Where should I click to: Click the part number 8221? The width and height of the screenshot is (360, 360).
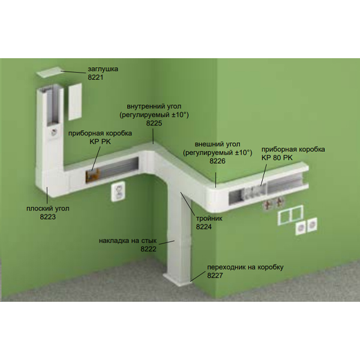[x=95, y=77]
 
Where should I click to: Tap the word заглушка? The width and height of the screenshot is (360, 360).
[x=103, y=69]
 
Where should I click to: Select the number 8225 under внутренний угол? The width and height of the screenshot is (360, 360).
[x=154, y=123]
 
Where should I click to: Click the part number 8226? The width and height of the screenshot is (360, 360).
[x=217, y=161]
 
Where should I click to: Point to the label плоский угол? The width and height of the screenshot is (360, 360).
[x=48, y=208]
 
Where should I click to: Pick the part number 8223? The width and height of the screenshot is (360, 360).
[x=48, y=217]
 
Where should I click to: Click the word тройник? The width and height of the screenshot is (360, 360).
[x=209, y=218]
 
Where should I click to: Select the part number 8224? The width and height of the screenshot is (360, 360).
[x=203, y=227]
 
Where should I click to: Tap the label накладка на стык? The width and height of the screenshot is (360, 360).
[x=128, y=241]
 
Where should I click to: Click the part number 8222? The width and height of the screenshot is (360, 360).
[x=148, y=249]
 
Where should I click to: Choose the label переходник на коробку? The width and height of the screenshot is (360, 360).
[x=245, y=267]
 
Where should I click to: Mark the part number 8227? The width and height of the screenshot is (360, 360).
[x=215, y=275]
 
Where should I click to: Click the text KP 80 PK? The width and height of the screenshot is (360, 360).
[x=277, y=158]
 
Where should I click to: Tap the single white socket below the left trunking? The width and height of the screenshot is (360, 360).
[x=118, y=191]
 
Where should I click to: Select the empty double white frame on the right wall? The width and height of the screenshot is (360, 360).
[x=290, y=215]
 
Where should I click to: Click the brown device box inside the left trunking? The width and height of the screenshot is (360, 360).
[x=92, y=175]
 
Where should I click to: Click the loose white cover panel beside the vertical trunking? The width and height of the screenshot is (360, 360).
[x=75, y=101]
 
